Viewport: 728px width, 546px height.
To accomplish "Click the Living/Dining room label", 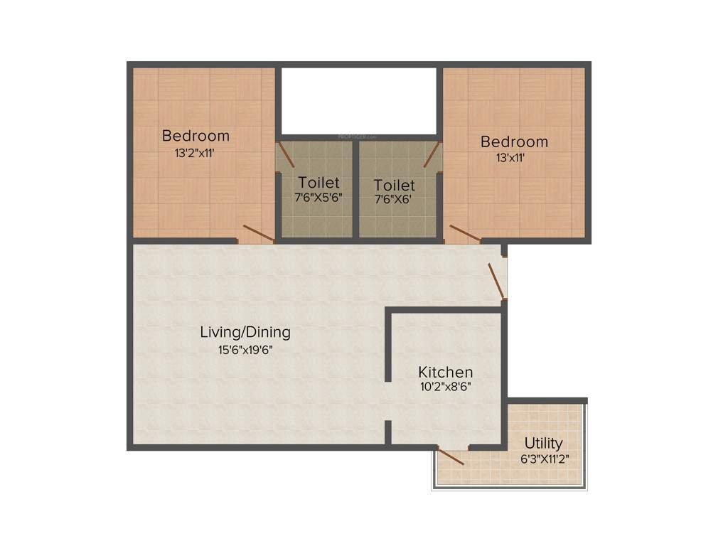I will click(245, 332).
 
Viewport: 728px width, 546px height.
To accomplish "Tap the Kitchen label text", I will click(445, 372).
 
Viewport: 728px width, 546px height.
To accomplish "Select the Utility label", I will click(544, 444).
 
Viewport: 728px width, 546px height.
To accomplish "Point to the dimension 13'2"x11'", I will click(196, 152).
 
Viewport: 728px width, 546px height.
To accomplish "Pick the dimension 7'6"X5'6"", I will click(318, 198).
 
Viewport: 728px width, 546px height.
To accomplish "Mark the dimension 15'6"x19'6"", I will click(245, 349).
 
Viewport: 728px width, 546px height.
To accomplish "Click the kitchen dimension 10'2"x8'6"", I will click(446, 387).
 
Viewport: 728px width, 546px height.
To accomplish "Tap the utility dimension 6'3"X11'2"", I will click(545, 459).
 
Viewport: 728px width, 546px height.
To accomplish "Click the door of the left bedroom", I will click(258, 232).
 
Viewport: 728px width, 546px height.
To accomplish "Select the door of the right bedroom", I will click(464, 235).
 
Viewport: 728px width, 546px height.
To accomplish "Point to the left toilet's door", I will click(286, 155).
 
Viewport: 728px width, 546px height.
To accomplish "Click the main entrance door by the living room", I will click(497, 281).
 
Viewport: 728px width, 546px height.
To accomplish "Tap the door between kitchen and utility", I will click(451, 456).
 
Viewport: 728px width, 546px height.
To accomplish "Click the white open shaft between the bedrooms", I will click(358, 100).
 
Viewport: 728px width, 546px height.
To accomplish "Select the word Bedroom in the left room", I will click(196, 135).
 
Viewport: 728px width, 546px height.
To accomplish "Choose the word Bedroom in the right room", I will click(514, 141).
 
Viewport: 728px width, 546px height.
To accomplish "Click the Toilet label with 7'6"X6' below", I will click(395, 186).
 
